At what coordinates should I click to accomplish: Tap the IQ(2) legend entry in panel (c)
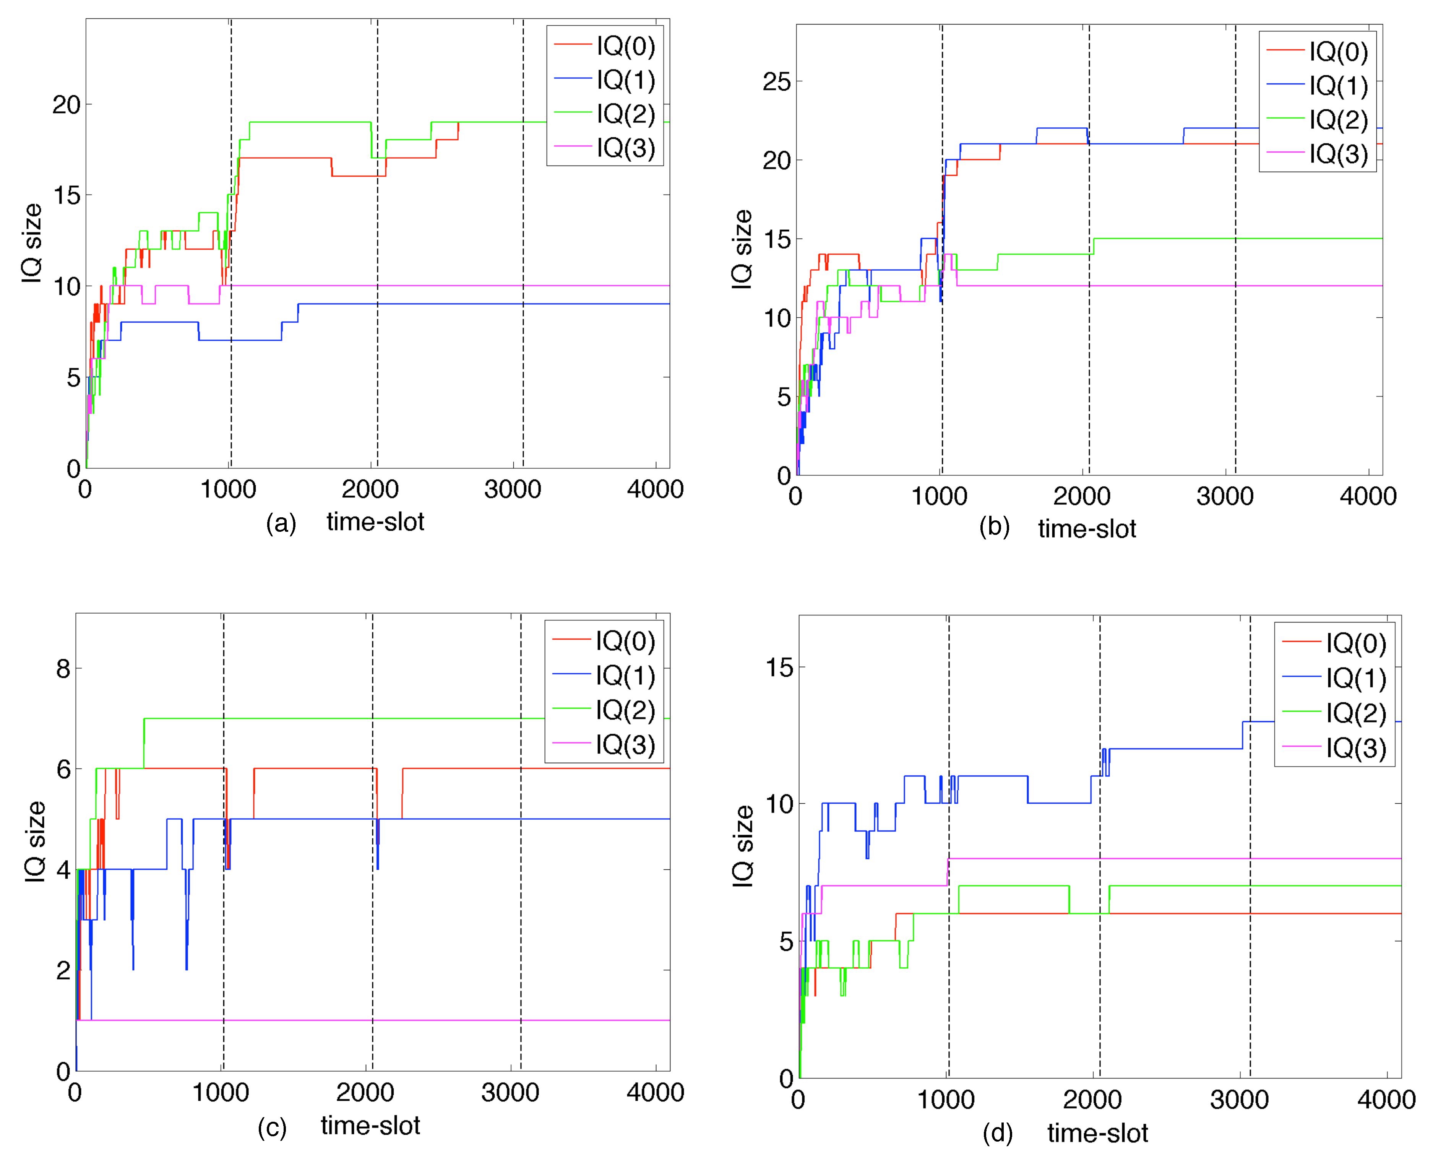click(624, 710)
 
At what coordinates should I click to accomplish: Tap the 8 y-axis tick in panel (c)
click(63, 669)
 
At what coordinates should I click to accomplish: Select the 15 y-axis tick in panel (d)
click(779, 668)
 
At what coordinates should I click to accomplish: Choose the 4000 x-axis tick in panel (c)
click(655, 1092)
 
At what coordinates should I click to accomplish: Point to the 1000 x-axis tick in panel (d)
click(945, 1100)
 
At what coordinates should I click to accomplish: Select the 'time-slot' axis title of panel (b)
click(1087, 529)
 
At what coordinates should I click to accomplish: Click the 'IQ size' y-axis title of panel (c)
click(35, 842)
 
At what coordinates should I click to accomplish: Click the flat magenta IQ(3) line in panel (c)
click(404, 1021)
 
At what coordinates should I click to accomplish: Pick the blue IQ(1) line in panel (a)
click(471, 304)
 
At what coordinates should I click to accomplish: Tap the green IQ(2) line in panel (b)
click(1211, 239)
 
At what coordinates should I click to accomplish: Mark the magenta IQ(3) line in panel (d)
click(1144, 859)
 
